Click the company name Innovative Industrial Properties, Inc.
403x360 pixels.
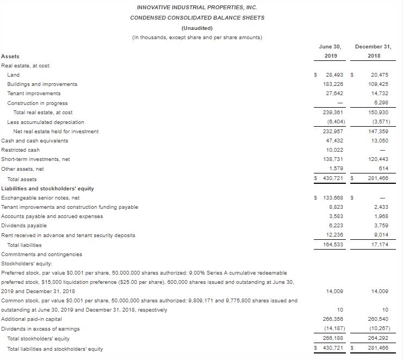197,8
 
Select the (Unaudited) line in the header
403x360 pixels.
197,28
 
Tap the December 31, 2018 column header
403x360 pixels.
373,51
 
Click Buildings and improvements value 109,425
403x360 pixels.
375,84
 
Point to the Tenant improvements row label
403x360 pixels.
34,94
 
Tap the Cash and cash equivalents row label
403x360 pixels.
35,140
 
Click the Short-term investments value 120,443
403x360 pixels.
375,159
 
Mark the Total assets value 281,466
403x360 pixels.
375,178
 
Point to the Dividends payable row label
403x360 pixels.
24,226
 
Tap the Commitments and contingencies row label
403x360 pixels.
42,254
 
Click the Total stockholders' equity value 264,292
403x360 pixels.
375,338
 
